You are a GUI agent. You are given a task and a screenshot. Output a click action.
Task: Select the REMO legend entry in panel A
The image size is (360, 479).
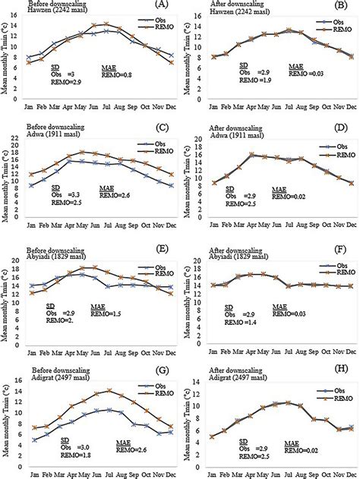(147, 34)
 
